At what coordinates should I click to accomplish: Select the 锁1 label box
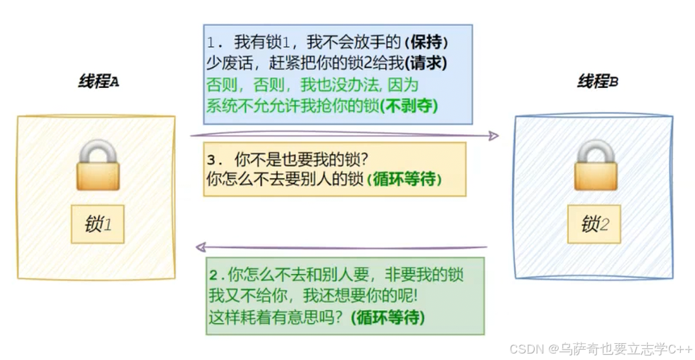point(98,224)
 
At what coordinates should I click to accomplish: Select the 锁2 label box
point(595,224)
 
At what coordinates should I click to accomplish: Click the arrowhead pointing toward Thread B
point(493,136)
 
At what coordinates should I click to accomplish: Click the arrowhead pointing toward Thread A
point(201,247)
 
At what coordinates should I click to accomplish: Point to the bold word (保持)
point(426,42)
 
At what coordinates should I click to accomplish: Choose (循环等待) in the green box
point(387,317)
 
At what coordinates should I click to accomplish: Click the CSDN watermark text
point(600,349)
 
